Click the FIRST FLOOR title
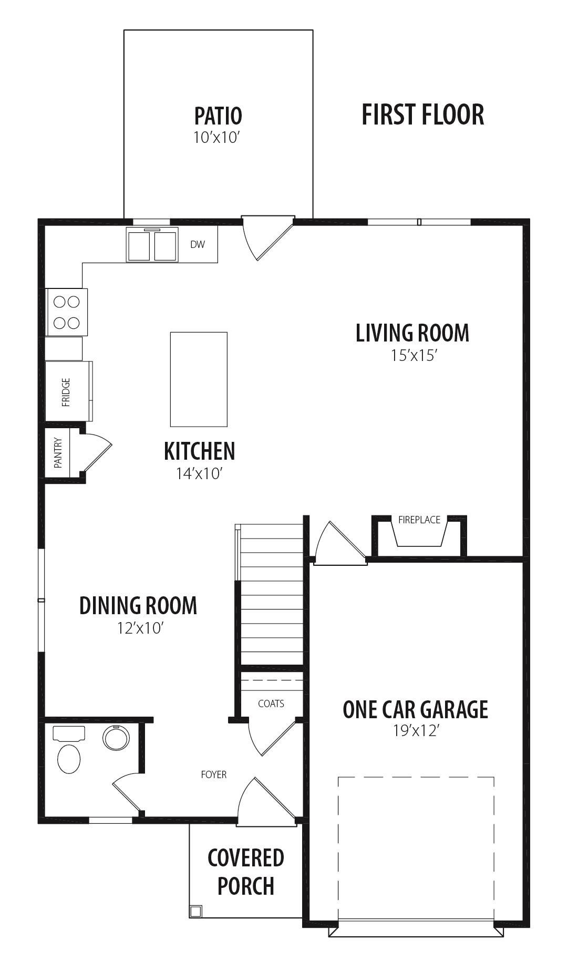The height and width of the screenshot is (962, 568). pos(422,115)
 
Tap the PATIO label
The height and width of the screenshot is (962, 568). pos(218,116)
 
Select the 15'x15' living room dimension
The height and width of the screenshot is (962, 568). pos(414,356)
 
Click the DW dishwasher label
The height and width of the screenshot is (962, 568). pos(198,244)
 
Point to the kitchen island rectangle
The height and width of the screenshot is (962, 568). pos(199,379)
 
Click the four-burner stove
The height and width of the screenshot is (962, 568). pos(67,312)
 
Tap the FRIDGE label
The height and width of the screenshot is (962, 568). pos(66,392)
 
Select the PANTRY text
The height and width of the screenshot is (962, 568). pos(58,453)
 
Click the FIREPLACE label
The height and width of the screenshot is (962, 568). pos(419,520)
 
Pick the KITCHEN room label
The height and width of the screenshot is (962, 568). pos(199,451)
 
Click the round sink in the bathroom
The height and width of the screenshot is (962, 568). pos(116,737)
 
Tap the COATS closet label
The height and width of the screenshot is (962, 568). pos(271,704)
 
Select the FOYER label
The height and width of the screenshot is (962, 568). pos(214,774)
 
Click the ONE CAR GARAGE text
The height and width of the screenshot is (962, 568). pos(415,709)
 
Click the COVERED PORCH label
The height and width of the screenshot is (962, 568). pos(246,872)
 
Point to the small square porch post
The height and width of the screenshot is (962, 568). pos(195,911)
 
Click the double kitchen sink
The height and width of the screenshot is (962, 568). pos(152,244)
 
